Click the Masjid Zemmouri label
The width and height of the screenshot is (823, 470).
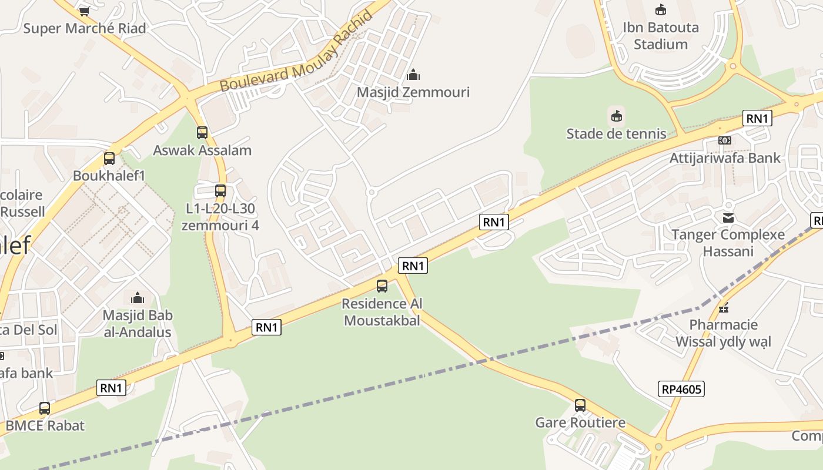413,92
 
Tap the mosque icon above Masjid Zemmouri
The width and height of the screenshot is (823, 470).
413,75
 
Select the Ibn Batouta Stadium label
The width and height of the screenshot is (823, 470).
661,36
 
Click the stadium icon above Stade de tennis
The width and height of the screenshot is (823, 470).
616,116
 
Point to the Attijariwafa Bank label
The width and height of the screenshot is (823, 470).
725,157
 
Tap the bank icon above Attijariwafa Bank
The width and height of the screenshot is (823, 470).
724,140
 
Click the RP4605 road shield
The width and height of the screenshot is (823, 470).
681,389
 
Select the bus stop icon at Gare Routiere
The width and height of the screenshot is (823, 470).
580,405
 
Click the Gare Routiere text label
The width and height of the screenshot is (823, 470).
580,422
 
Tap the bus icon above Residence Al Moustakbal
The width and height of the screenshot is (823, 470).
382,286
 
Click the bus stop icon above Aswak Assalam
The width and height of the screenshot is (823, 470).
202,133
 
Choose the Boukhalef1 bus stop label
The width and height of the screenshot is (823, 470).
109,176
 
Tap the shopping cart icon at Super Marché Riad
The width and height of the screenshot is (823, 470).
84,11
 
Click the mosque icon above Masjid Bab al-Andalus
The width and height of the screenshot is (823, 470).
138,298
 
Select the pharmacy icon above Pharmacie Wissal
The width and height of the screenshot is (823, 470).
724,307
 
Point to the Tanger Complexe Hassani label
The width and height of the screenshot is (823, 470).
728,243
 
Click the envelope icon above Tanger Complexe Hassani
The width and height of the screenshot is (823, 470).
728,218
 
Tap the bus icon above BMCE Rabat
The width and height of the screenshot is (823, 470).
45,408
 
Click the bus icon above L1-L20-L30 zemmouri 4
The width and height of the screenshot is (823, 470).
220,191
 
